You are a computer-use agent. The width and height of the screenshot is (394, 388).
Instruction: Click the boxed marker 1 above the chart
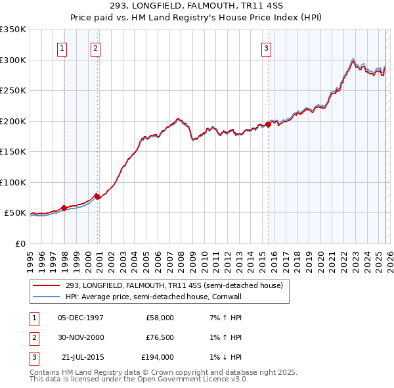coord(62,47)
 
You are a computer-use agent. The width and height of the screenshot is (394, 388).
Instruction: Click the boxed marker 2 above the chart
coord(96,47)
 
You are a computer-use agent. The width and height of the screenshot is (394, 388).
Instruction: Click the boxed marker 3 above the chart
coord(267,47)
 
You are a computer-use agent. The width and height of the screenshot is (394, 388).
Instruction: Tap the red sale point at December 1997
coord(64,208)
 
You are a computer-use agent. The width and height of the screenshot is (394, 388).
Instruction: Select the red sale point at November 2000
coord(98,196)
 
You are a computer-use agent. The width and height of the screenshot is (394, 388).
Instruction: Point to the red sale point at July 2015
coord(268,124)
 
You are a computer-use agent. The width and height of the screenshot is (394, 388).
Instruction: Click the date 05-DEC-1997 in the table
coord(80,318)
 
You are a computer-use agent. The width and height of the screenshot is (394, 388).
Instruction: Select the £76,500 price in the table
coord(160,337)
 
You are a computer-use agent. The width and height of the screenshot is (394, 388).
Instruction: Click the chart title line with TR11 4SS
coord(197,7)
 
